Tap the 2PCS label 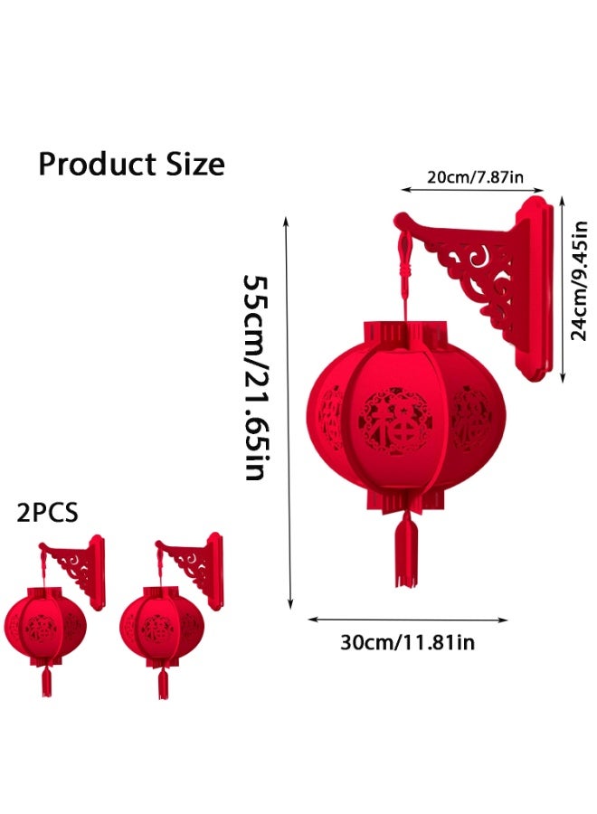coord(48,513)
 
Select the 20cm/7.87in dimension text coord(474,176)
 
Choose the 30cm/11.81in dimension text coord(407,643)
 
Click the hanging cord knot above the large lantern coord(404,258)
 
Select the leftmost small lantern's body coord(45,624)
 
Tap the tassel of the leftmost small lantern coord(46,680)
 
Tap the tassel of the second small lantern coord(164,680)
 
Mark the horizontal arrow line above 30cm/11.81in coord(407,620)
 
